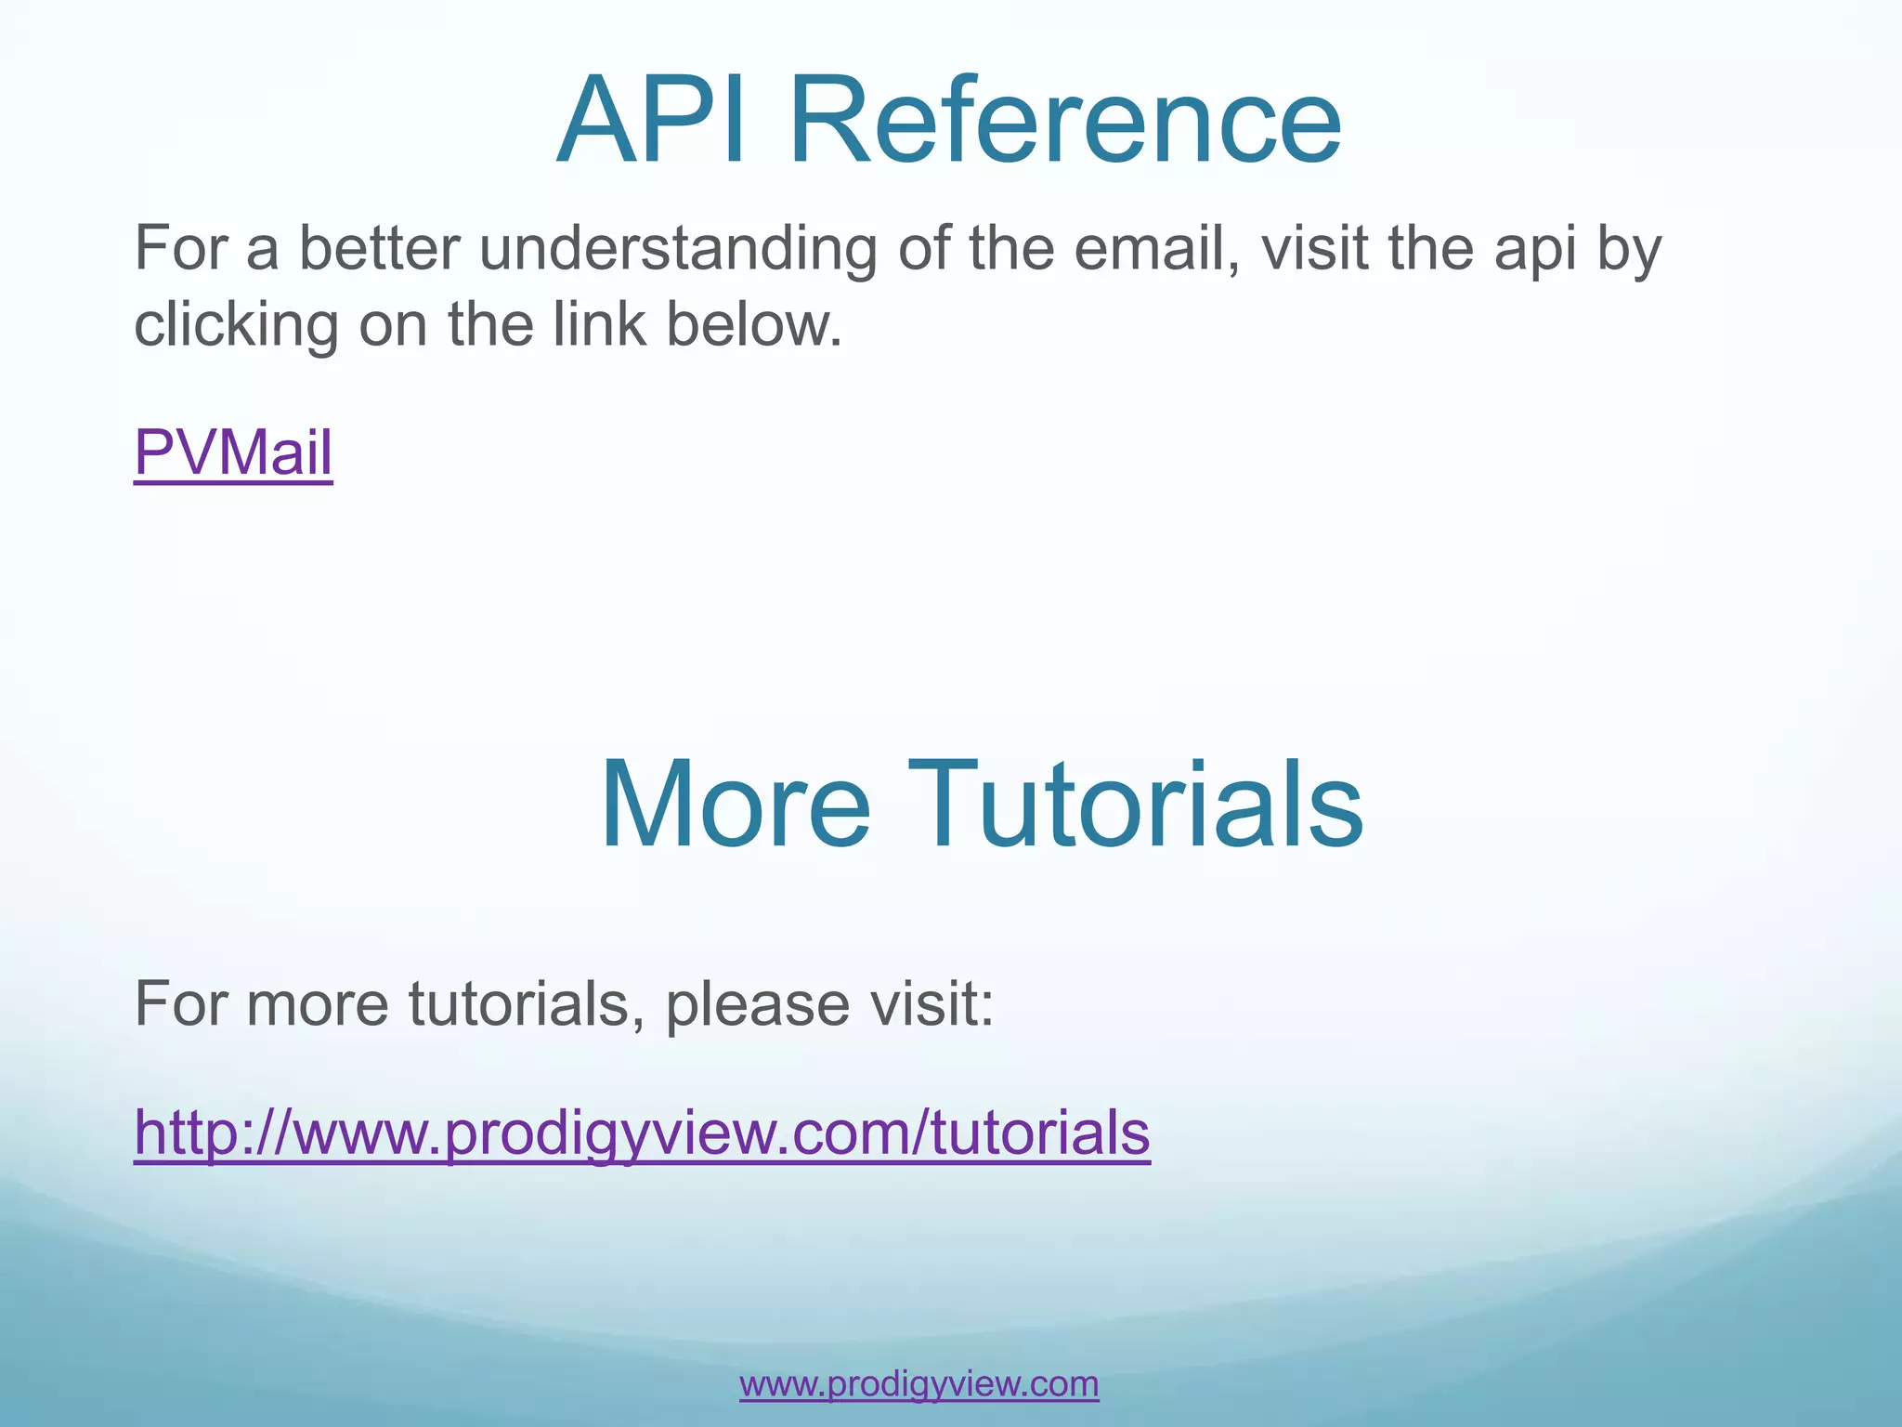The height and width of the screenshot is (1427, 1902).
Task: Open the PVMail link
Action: click(x=233, y=453)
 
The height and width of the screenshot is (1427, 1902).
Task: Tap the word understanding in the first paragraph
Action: click(x=677, y=249)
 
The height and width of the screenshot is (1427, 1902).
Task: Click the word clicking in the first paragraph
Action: click(x=236, y=325)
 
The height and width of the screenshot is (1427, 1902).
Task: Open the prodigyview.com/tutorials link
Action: click(x=642, y=1132)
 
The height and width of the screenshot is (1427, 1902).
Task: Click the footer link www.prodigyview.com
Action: click(x=918, y=1383)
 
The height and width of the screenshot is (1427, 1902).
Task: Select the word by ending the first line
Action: click(x=1629, y=249)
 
